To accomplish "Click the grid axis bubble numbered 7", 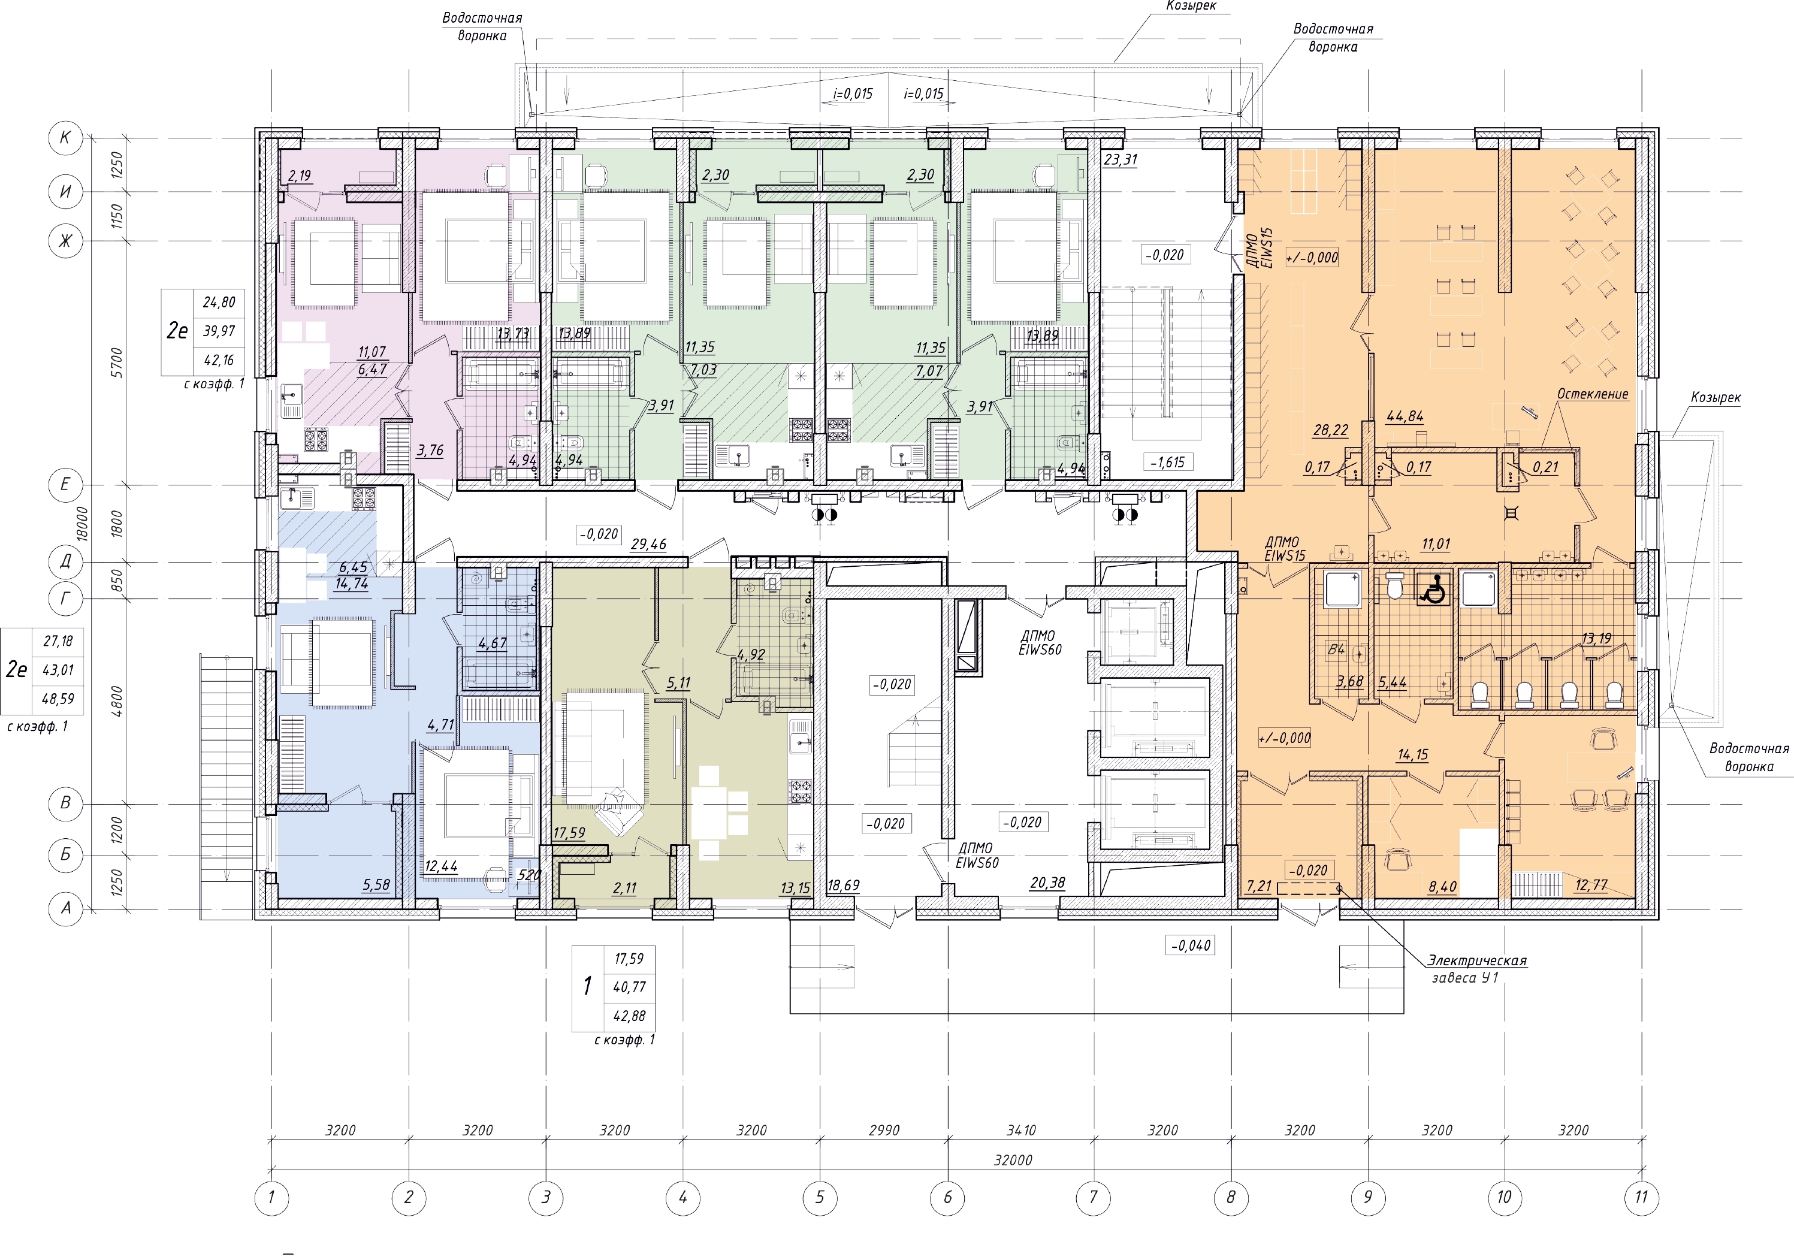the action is click(1092, 1197).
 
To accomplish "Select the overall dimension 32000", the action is click(1013, 1160).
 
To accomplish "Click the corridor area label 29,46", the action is click(648, 544).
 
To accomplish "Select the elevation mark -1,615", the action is click(1167, 463).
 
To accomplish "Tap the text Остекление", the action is click(1593, 394).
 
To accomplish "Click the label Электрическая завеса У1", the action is click(1477, 969).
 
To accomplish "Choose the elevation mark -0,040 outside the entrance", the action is click(1190, 946).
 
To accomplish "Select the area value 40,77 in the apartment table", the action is click(629, 987).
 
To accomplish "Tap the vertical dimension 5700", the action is click(116, 362).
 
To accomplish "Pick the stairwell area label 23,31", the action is click(1121, 160).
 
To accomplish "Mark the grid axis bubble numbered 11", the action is click(1641, 1197).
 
